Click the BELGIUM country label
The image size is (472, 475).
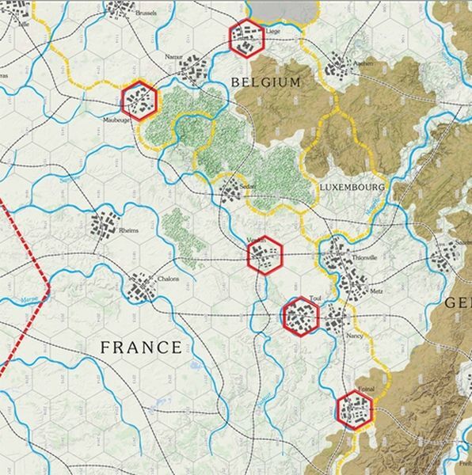click(x=266, y=82)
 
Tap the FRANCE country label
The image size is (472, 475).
click(x=142, y=347)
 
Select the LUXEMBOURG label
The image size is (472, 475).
click(x=352, y=188)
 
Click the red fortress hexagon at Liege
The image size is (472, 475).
click(x=246, y=36)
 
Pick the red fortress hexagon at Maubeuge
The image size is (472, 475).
click(x=141, y=101)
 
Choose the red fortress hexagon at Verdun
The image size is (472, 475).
click(x=265, y=255)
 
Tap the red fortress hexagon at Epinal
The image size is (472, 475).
click(x=353, y=408)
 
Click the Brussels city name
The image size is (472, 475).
click(x=146, y=13)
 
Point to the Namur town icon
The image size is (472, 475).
click(x=191, y=71)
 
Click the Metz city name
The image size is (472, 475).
click(x=376, y=292)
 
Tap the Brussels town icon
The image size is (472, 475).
click(x=119, y=9)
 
